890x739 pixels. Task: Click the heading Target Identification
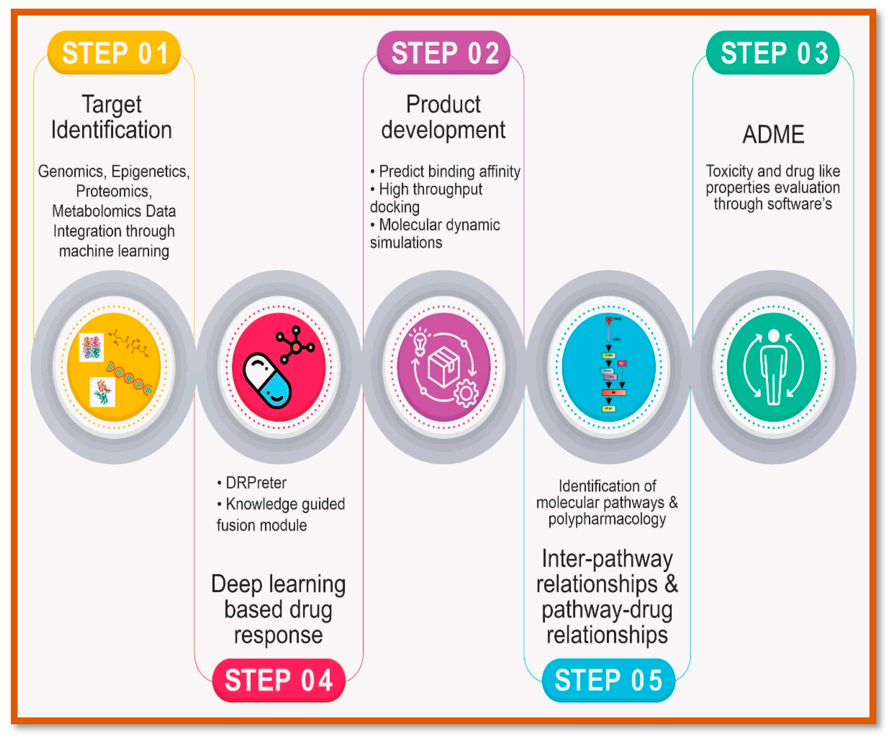coord(112,117)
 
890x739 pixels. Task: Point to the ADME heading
coord(773,135)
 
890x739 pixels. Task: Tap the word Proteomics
coord(113,191)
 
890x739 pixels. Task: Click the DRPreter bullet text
coord(256,483)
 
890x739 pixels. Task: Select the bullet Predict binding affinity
coord(449,171)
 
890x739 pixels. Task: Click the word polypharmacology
coord(607,519)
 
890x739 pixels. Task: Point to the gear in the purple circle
coord(466,393)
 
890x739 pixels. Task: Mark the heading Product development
coord(443,117)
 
